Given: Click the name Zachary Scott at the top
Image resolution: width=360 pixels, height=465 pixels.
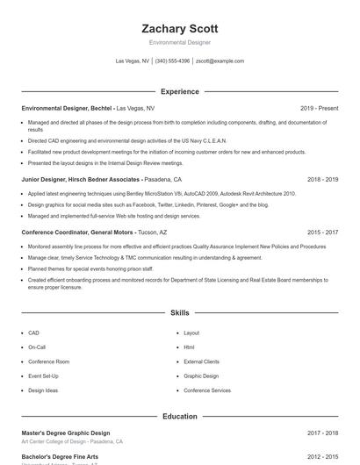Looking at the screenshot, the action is (179, 29).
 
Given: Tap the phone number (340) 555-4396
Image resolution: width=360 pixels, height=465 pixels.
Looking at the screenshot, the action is (172, 61).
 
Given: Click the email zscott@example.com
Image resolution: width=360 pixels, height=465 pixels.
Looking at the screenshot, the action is (220, 61).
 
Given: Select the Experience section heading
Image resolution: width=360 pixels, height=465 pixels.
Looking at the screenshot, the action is (179, 91).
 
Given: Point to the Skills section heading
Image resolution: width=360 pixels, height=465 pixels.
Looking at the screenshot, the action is (179, 312).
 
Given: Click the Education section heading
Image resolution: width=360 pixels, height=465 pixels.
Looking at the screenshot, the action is (179, 416).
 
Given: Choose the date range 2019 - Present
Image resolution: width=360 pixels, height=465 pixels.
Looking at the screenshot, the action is (319, 108).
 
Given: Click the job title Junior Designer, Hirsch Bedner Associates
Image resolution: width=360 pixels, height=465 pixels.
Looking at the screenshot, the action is (80, 179).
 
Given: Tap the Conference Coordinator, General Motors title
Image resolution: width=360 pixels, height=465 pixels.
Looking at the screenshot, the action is (77, 232).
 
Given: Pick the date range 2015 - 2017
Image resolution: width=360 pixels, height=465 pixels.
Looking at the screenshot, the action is (322, 232).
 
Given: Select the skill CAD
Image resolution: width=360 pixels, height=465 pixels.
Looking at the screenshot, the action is (33, 333).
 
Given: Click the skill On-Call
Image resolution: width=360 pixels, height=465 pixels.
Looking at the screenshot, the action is (37, 347).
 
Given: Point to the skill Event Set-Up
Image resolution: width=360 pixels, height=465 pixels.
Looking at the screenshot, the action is (43, 376).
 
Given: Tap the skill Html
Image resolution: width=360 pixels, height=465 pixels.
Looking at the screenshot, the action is (189, 347).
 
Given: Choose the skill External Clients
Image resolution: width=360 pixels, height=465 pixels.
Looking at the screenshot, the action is (201, 361).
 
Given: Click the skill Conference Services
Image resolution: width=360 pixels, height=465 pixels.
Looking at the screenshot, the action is (207, 390).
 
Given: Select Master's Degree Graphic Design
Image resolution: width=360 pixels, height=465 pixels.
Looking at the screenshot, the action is (65, 433).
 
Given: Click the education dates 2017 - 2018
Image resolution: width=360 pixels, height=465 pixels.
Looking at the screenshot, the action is (322, 433).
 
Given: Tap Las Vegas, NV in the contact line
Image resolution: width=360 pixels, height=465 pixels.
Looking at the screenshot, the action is (133, 61).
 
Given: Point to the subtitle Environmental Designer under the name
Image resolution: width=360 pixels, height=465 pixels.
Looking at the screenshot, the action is (179, 42).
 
